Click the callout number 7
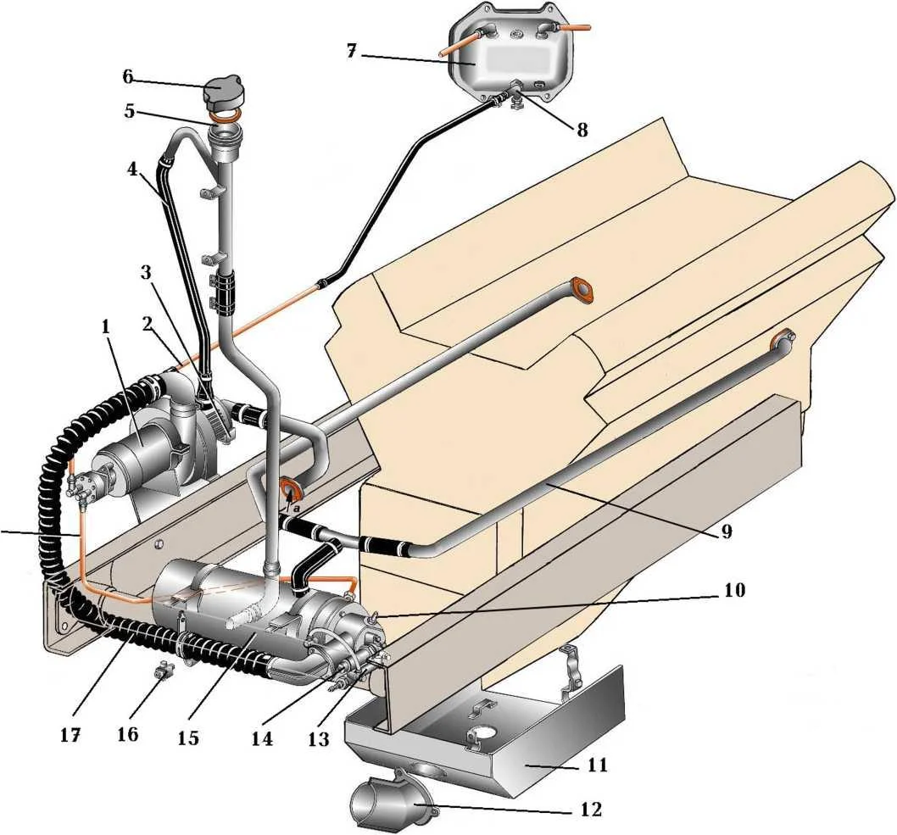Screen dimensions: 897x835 coord(351,51)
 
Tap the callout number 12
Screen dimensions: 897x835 coord(591,810)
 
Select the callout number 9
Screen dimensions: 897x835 coord(726,532)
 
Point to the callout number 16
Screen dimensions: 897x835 coord(127,734)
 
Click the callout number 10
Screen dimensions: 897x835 coord(734,590)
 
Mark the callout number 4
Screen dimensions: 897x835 coord(132,170)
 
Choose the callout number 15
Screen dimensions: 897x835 coord(187,738)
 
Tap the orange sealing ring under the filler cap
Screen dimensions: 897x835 coord(224,119)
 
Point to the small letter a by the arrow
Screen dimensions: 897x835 coord(297,507)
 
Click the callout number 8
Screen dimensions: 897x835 coord(582,130)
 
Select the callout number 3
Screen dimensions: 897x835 coord(147,272)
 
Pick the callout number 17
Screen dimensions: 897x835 coord(70,735)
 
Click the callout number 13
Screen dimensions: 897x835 coord(319,739)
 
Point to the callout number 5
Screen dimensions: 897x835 coord(130,111)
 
